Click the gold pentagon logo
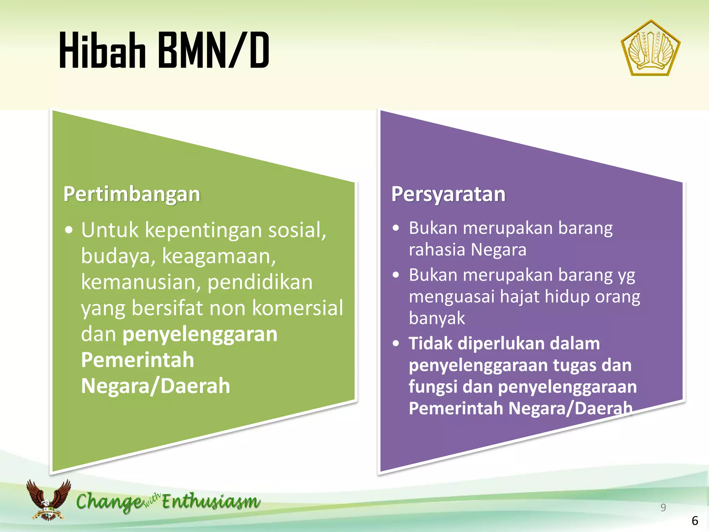[x=650, y=48]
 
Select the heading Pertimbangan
[x=132, y=194]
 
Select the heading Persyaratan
[x=448, y=194]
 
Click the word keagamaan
[x=219, y=256]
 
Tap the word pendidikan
[x=260, y=282]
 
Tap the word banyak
[x=437, y=318]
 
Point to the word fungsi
[x=433, y=387]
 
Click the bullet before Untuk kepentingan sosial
[x=69, y=230]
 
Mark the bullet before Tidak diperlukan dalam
[x=396, y=344]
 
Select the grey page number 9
[x=663, y=507]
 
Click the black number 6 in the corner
[x=695, y=521]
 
